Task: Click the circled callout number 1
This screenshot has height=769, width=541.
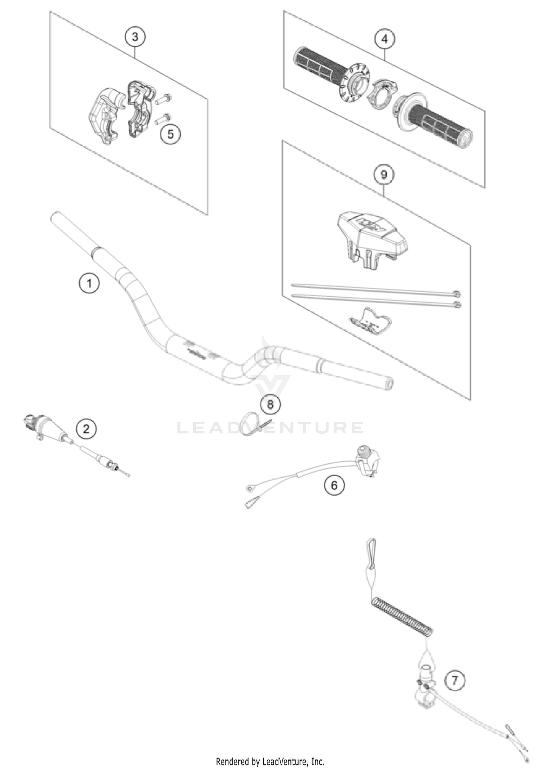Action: coord(89,283)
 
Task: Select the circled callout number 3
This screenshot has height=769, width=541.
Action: coord(135,37)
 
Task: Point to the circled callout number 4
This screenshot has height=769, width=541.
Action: coord(384,39)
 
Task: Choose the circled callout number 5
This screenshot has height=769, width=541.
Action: coord(170,134)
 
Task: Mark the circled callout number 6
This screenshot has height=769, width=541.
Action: coord(334,485)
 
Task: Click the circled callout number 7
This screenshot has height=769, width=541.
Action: coord(454,680)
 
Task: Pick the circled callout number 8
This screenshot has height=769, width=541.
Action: coord(270,405)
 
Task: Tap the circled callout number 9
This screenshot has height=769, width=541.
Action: coord(383,175)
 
